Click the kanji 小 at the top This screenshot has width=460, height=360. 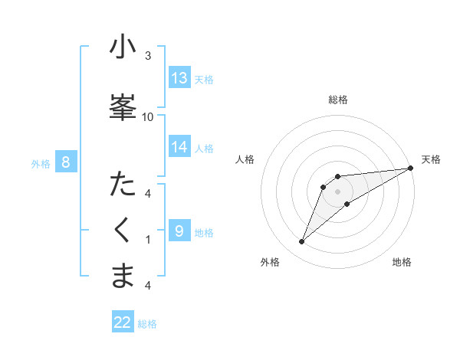[x=123, y=47]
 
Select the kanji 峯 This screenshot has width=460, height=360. [x=123, y=107]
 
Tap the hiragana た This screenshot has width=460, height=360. [x=123, y=185]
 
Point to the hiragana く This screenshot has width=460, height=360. [x=123, y=231]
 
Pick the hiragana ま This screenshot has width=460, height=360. [x=123, y=277]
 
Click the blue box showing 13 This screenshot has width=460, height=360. [x=179, y=78]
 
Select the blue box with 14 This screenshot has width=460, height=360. [x=179, y=147]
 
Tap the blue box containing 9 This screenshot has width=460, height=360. [x=179, y=231]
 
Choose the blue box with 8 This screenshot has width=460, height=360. [x=66, y=162]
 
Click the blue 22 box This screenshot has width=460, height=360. [x=123, y=322]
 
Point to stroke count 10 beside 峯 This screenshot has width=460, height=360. [x=148, y=116]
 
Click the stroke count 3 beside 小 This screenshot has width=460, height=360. [x=148, y=56]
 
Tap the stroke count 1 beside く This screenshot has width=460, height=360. [x=148, y=240]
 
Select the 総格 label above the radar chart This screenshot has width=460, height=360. [x=338, y=100]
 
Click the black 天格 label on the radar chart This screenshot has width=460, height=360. [x=431, y=159]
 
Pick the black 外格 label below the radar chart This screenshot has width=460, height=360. [x=270, y=262]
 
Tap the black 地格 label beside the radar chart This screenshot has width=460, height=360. [x=402, y=262]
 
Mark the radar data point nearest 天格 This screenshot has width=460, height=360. [x=410, y=169]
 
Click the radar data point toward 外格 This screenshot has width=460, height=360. [x=302, y=242]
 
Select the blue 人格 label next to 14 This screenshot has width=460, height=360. [x=203, y=148]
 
